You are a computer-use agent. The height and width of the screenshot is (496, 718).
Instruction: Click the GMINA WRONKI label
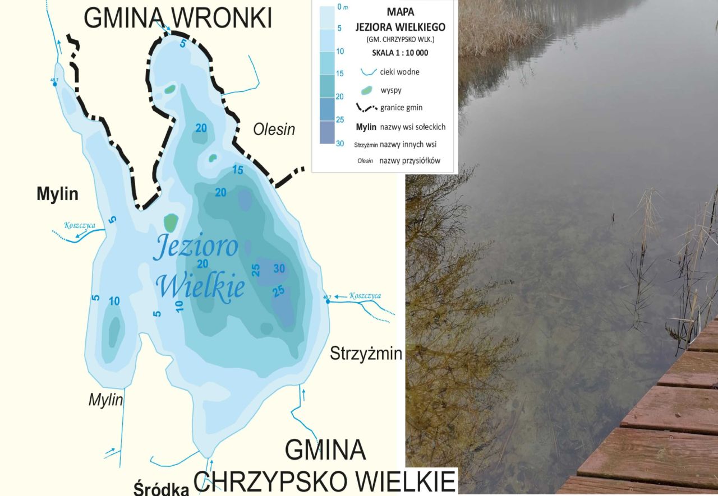pyautogui.click(x=178, y=18)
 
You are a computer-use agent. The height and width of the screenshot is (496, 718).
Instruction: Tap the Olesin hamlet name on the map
pyautogui.click(x=274, y=129)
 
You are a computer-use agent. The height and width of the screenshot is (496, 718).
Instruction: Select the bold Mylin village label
pyautogui.click(x=57, y=194)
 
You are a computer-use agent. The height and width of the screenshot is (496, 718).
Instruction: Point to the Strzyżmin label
pyautogui.click(x=366, y=354)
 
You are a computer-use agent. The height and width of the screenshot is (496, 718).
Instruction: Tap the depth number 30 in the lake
pyautogui.click(x=279, y=268)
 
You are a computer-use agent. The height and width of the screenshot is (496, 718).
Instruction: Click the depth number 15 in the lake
pyautogui.click(x=238, y=170)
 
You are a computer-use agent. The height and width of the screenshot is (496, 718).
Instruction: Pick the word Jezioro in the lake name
pyautogui.click(x=195, y=247)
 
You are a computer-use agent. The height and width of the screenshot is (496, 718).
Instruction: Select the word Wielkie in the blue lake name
pyautogui.click(x=200, y=286)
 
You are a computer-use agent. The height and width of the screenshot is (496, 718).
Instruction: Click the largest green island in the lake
pyautogui.click(x=170, y=222)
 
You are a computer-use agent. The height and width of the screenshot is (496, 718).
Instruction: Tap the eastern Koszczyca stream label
pyautogui.click(x=365, y=296)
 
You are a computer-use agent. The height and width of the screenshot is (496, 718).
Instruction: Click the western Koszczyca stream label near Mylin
pyautogui.click(x=80, y=226)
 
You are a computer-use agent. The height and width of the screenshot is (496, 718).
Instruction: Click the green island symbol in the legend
pyautogui.click(x=367, y=90)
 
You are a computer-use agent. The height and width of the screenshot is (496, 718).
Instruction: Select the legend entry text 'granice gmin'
pyautogui.click(x=401, y=108)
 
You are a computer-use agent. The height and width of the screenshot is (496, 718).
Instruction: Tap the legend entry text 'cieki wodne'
pyautogui.click(x=399, y=72)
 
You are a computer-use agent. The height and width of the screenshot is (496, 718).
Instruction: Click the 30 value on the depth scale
pyautogui.click(x=339, y=143)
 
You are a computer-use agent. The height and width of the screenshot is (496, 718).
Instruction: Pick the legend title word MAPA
pyautogui.click(x=400, y=11)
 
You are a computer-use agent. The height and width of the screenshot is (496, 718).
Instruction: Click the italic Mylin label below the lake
pyautogui.click(x=105, y=400)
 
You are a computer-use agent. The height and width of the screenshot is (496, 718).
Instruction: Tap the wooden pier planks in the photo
pyautogui.click(x=662, y=443)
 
